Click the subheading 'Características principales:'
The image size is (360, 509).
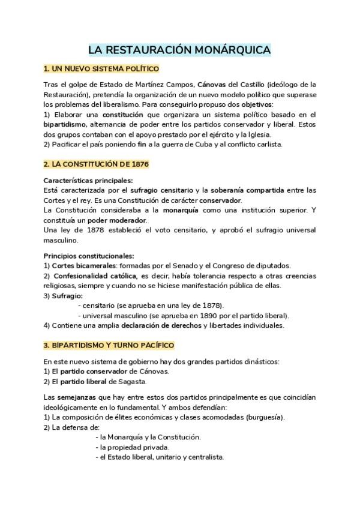[x=88, y=180]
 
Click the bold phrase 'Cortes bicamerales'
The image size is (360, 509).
[x=83, y=266]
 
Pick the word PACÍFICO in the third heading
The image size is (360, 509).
[x=154, y=345]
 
